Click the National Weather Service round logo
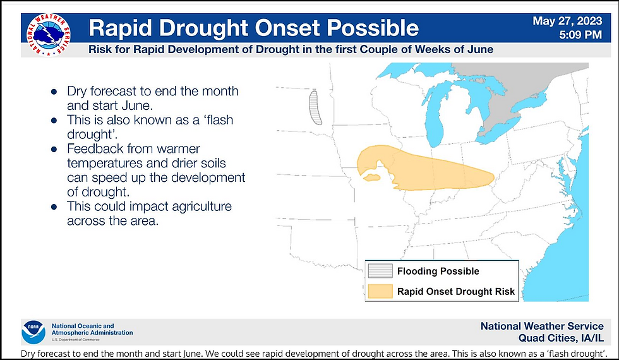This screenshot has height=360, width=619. click(49, 34)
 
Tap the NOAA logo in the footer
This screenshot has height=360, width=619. click(33, 332)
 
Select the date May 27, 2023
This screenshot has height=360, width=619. click(567, 21)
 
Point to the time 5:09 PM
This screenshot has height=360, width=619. click(580, 35)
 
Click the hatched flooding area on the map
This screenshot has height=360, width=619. click(315, 108)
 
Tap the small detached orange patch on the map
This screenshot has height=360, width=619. click(371, 177)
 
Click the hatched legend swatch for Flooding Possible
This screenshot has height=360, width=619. click(380, 271)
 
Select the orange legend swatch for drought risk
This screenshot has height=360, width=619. click(380, 291)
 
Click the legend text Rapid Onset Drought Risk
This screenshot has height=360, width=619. click(456, 292)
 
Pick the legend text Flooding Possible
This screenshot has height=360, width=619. click(438, 271)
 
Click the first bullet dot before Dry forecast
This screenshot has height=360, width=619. click(54, 92)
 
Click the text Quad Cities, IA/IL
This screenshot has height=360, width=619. click(561, 339)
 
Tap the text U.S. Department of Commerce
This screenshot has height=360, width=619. click(75, 340)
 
